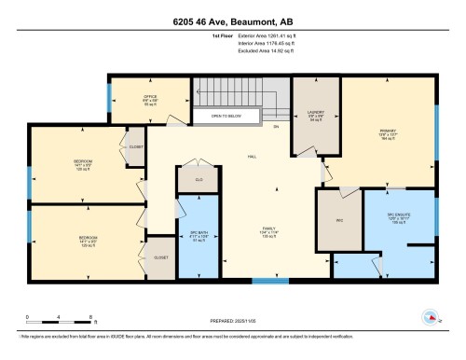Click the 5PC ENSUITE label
click(400, 217)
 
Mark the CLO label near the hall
click(199, 179)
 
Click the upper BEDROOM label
click(83, 162)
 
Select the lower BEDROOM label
click(88, 239)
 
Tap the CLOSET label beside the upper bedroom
click(136, 146)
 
